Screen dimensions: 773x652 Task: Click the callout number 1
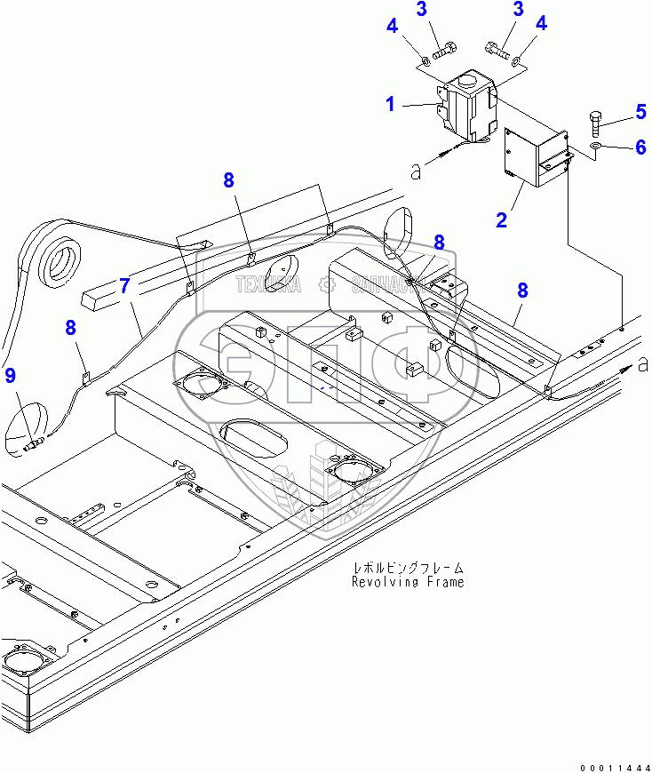pyautogui.click(x=389, y=105)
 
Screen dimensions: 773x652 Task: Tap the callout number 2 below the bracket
pyautogui.click(x=502, y=219)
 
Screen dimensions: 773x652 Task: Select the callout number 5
pyautogui.click(x=640, y=112)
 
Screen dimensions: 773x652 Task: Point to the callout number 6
pyautogui.click(x=640, y=147)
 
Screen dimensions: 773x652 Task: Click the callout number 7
pyautogui.click(x=124, y=285)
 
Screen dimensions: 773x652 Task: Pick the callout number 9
pyautogui.click(x=10, y=375)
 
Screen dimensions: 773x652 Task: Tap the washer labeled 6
pyautogui.click(x=596, y=146)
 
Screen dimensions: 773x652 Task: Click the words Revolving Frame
pyautogui.click(x=408, y=582)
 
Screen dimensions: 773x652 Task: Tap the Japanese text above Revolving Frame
pyautogui.click(x=409, y=567)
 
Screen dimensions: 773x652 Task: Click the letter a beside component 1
pyautogui.click(x=415, y=170)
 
